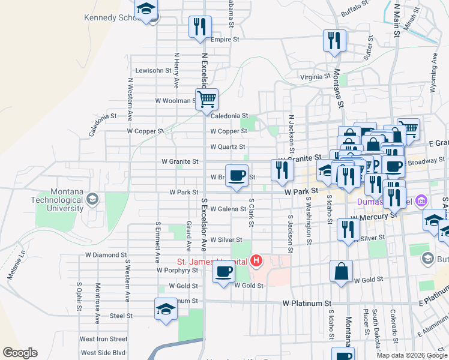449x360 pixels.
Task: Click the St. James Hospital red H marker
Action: [257, 261]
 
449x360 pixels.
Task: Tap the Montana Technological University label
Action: [59, 199]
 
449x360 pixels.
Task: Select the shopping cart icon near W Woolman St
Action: [206, 99]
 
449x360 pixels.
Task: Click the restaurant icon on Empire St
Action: [199, 27]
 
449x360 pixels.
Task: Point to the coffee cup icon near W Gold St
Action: [224, 272]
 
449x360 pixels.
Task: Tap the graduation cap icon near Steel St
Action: [166, 310]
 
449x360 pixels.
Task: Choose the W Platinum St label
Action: [307, 304]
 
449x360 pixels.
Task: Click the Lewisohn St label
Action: [154, 70]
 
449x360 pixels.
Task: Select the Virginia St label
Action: [315, 77]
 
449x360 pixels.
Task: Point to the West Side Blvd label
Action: [103, 353]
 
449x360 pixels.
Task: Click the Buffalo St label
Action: [354, 8]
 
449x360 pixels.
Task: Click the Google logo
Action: [19, 353]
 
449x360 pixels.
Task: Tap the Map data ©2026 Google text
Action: [411, 355]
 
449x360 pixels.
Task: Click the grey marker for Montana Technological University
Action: [92, 199]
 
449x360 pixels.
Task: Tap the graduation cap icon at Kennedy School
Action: [146, 10]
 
